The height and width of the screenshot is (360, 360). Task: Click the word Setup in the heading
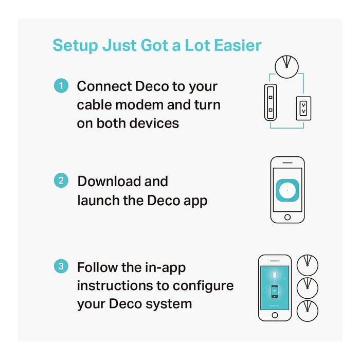point(75,46)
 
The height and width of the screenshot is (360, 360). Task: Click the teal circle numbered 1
point(61,86)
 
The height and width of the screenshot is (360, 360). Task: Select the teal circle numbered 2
point(61,181)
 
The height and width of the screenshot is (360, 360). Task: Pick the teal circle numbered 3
point(61,266)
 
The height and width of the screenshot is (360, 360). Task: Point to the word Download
point(109,181)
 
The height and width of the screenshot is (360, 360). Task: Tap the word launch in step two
point(98,200)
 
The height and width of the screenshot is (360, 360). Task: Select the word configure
point(203,286)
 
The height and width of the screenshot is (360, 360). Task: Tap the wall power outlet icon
point(303,109)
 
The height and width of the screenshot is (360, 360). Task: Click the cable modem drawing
point(271,102)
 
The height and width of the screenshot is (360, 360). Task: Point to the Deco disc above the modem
point(286,66)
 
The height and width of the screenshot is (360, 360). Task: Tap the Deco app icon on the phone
point(287,190)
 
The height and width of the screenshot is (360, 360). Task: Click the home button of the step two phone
point(287,217)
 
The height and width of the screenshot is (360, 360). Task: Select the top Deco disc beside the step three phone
point(308,265)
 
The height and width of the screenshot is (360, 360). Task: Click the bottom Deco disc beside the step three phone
point(308,311)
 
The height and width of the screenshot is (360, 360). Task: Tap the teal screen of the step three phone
point(275,287)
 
